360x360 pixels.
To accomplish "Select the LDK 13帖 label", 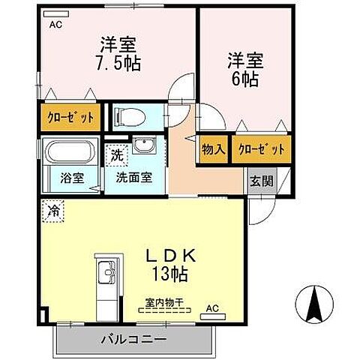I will pos(170,262).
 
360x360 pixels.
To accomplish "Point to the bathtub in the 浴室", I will pos(69,155).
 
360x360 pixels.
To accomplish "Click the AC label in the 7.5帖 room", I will pos(55,24).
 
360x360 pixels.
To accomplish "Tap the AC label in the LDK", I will pos(212,307).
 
